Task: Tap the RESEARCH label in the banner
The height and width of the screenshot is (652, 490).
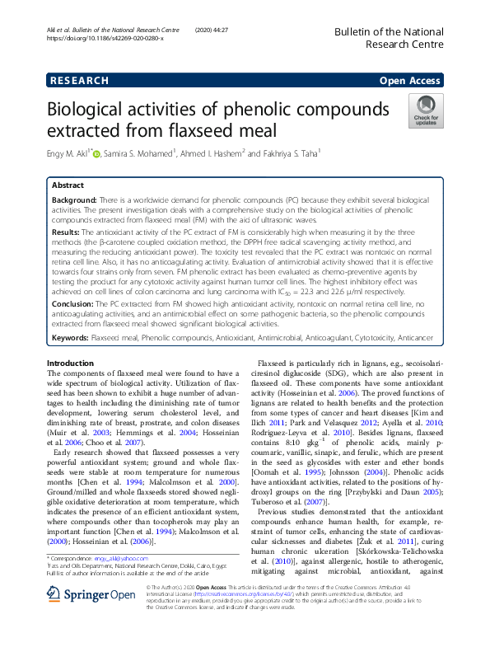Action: click(x=79, y=81)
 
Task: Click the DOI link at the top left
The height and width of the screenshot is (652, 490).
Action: click(x=105, y=39)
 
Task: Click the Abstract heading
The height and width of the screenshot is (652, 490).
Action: click(x=68, y=186)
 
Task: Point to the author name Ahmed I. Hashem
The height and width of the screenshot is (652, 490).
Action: click(x=217, y=154)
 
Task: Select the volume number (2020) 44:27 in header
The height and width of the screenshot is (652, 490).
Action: click(x=213, y=30)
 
